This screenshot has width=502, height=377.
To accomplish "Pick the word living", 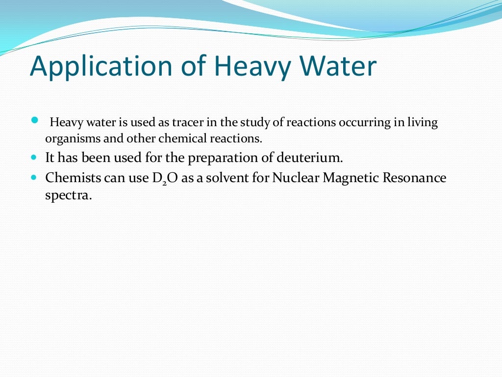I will tap(422, 123).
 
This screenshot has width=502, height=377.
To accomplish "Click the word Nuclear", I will tap(295, 177).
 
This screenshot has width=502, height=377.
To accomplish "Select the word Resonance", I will tap(418, 177).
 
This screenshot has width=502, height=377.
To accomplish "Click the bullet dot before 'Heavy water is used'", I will tap(34, 120).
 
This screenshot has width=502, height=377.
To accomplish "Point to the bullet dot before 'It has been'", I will tap(34, 159).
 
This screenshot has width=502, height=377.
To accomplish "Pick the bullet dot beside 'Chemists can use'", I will tap(34, 177).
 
